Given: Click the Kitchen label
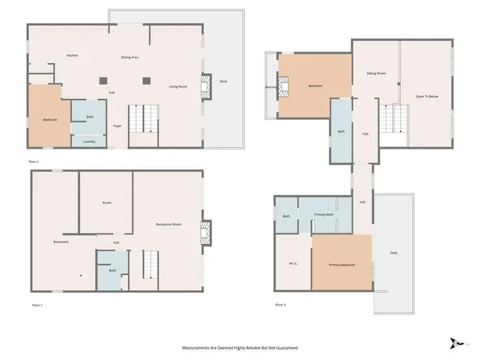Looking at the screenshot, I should point(72,56).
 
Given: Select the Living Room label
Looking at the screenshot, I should point(178,86).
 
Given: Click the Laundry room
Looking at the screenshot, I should point(90,142).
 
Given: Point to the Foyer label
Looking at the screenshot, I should point(117,126).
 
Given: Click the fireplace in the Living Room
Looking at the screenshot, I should point(206,86).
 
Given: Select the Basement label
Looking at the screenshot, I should point(61,241).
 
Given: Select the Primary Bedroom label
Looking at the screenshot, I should point(342,264).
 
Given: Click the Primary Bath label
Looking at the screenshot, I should point(323,214).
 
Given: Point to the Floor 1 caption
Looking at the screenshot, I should point(36,305).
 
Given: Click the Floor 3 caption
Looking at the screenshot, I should point(279,305).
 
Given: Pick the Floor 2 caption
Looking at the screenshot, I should point(33,162).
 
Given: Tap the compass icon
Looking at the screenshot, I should point(457,342).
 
